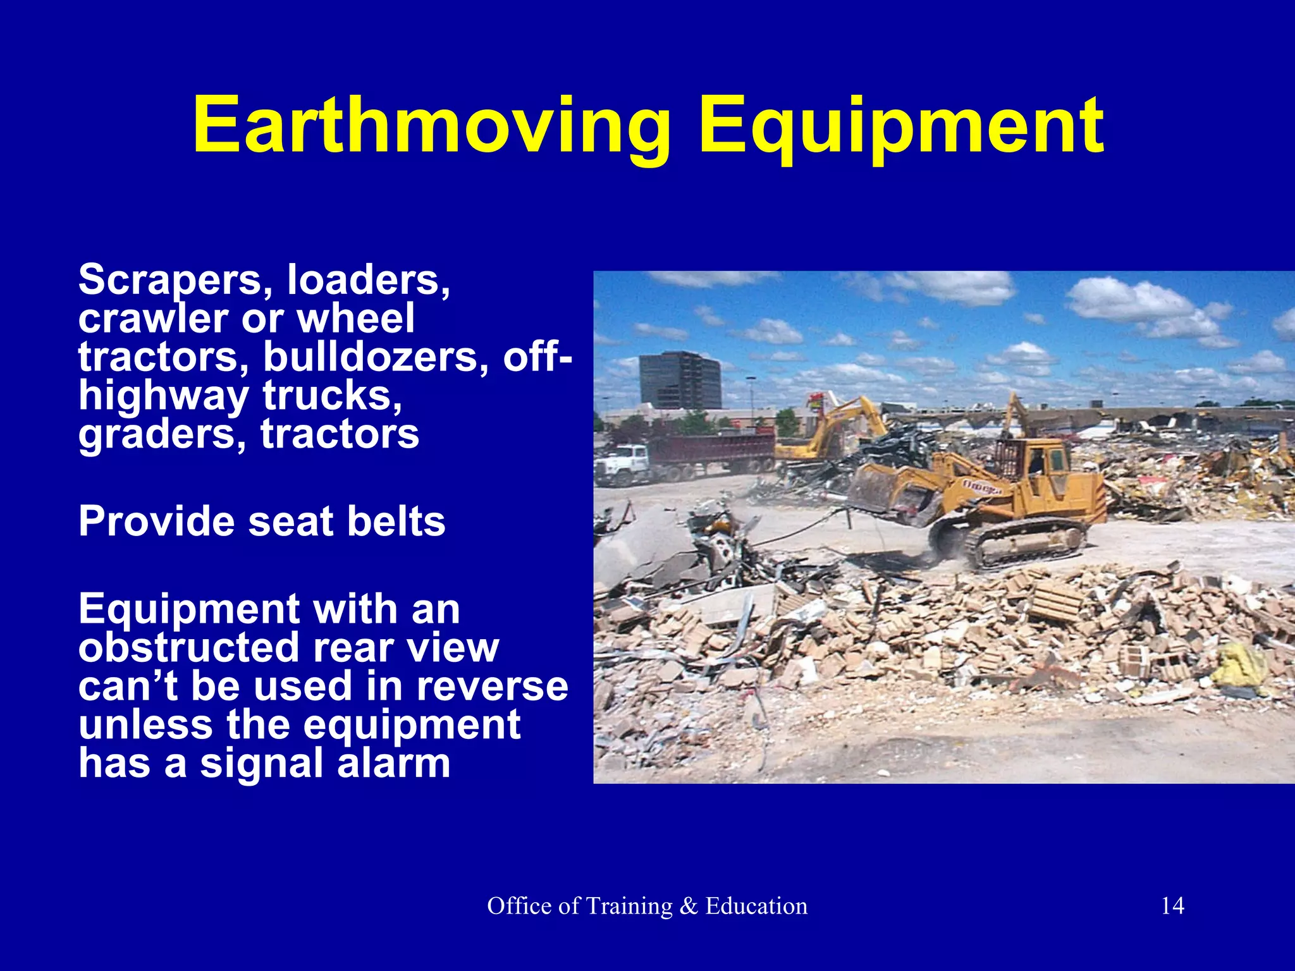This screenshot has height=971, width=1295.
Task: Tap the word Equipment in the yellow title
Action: (x=901, y=126)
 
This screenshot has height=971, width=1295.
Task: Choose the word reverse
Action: (x=492, y=687)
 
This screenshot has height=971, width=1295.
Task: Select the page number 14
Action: (x=1172, y=906)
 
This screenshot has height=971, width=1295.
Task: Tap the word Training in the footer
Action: (x=629, y=906)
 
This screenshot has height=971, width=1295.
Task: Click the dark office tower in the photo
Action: (x=680, y=380)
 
